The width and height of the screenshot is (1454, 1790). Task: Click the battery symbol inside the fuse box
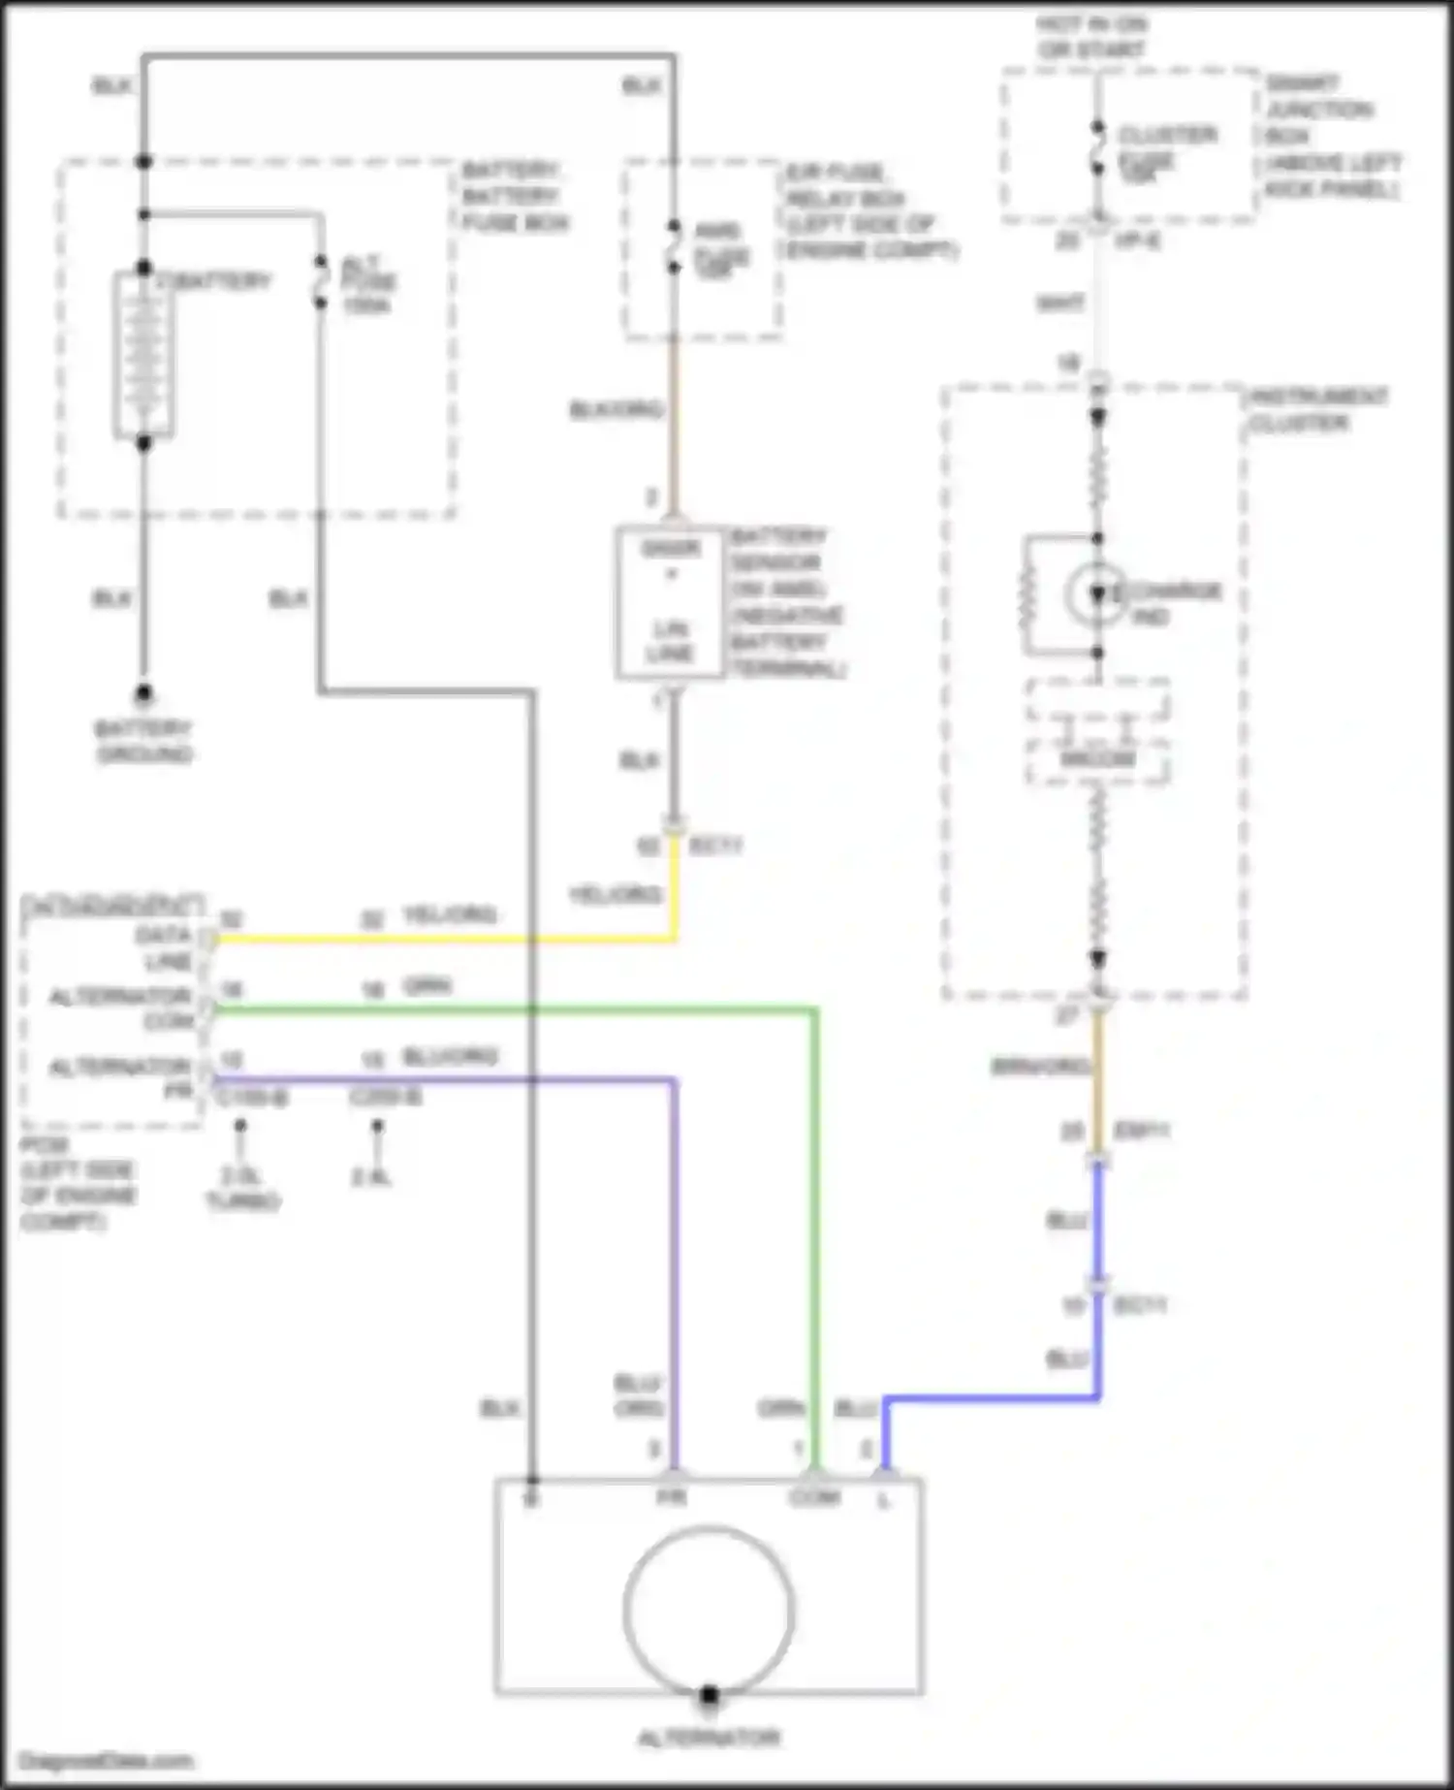pyautogui.click(x=143, y=354)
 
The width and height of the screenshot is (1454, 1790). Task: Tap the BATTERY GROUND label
pyautogui.click(x=143, y=741)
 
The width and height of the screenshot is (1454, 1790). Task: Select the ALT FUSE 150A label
pyautogui.click(x=367, y=284)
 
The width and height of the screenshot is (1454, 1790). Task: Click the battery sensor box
pyautogui.click(x=670, y=602)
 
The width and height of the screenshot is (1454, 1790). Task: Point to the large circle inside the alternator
pyautogui.click(x=709, y=1609)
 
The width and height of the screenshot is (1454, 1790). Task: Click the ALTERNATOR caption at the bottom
pyautogui.click(x=709, y=1738)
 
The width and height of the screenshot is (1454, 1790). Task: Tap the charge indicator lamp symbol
pyautogui.click(x=1096, y=593)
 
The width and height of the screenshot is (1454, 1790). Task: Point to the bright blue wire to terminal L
pyautogui.click(x=989, y=1398)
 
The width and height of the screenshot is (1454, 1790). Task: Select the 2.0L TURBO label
pyautogui.click(x=241, y=1189)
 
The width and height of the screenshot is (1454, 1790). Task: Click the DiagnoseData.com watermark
pyautogui.click(x=107, y=1761)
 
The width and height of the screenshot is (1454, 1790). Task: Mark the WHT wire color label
pyautogui.click(x=1059, y=304)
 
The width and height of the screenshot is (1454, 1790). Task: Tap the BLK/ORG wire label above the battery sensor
pyautogui.click(x=616, y=409)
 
